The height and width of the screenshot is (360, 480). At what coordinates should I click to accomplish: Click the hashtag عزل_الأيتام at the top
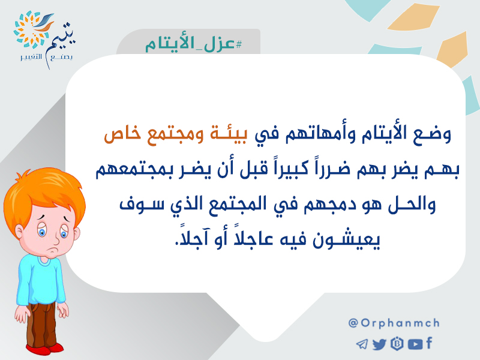(x=193, y=44)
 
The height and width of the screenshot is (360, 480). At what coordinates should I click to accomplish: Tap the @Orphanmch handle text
(x=394, y=323)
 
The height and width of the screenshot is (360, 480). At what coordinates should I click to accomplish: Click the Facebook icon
(x=429, y=343)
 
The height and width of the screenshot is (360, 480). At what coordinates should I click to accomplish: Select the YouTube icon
(x=415, y=344)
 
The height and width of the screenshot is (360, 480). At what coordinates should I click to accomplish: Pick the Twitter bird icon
(x=379, y=344)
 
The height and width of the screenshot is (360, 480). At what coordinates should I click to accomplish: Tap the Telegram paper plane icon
(x=362, y=344)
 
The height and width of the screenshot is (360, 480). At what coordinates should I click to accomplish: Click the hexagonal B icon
(x=397, y=344)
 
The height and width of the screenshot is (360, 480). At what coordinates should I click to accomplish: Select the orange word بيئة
(x=228, y=134)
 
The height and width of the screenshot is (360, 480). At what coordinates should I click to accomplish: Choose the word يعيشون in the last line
(x=346, y=239)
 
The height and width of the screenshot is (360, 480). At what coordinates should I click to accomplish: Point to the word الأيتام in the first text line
(x=379, y=134)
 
